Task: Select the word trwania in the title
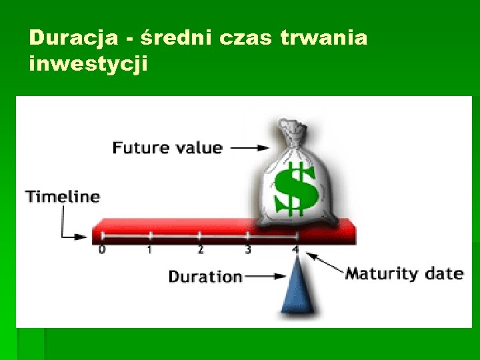point(323,38)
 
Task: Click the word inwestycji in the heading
point(88,65)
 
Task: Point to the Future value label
point(167,147)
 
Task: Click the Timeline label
point(62,197)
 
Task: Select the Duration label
point(205,276)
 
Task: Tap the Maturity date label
point(404,273)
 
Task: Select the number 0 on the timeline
point(101,250)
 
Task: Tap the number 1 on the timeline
point(150,250)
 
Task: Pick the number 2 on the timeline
point(200,250)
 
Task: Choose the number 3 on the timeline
point(248,250)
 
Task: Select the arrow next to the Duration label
point(266,275)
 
